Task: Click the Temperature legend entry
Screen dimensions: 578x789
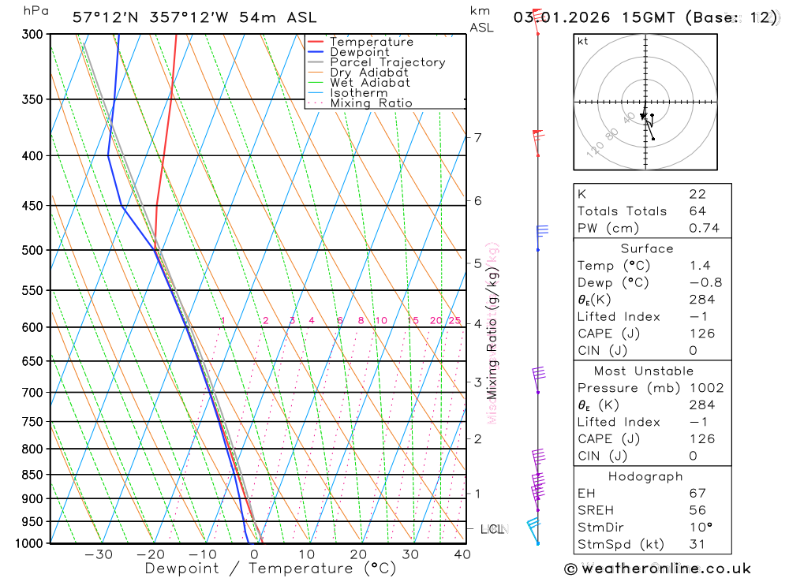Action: click(x=371, y=42)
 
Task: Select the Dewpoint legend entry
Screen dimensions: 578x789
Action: click(x=359, y=52)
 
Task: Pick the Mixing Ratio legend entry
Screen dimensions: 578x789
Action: click(x=371, y=103)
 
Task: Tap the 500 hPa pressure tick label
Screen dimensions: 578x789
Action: click(x=32, y=250)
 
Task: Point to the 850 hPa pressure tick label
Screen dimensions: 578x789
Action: click(x=32, y=475)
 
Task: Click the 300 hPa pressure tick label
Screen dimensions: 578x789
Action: click(x=32, y=35)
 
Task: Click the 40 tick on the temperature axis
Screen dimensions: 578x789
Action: click(x=462, y=554)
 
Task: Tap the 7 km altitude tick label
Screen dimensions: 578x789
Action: click(x=477, y=138)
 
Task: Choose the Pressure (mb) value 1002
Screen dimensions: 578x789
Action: click(x=705, y=388)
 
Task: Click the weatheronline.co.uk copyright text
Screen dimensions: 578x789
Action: click(x=658, y=568)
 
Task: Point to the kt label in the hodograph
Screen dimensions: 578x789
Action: click(x=583, y=41)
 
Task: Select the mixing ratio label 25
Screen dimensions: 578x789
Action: click(x=454, y=320)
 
